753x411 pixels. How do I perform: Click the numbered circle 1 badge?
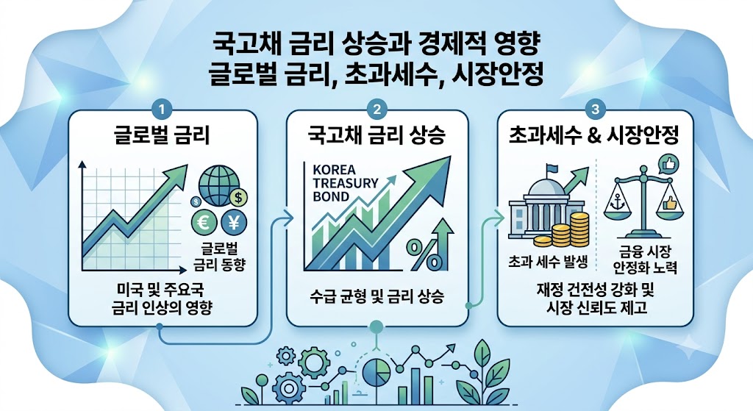161,110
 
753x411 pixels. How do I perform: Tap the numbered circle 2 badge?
376,110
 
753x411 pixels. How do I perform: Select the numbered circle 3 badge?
596,110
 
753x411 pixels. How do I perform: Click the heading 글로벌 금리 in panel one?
163,136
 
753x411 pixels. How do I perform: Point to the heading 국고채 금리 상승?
377,136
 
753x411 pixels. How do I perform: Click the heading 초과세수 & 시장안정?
594,136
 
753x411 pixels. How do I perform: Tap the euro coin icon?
204,222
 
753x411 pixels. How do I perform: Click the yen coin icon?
234,222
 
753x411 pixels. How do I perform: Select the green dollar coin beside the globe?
239,197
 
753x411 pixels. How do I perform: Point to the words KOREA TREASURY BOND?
346,183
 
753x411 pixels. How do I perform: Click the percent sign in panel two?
423,254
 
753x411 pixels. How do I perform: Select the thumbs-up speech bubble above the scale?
668,165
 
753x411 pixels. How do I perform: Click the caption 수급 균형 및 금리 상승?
377,296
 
